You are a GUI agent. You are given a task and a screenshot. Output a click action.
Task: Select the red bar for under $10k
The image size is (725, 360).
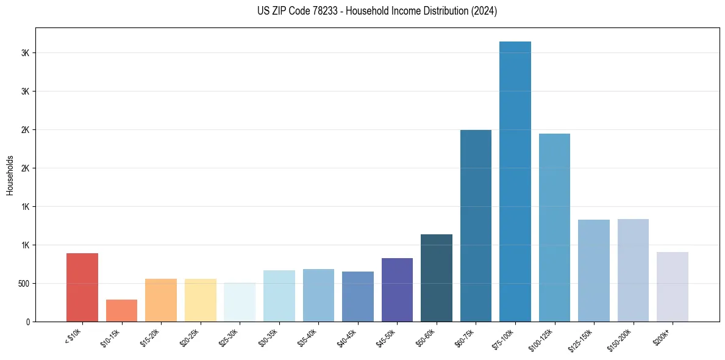tap(82, 287)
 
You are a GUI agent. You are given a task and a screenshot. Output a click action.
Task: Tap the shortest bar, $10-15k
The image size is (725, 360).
tap(121, 311)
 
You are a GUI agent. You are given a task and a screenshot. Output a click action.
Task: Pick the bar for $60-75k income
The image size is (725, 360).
tap(476, 226)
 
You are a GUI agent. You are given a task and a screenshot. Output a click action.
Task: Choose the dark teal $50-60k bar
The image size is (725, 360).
tap(437, 278)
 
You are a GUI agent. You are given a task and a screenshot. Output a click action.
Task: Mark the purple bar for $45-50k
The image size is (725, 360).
tap(397, 290)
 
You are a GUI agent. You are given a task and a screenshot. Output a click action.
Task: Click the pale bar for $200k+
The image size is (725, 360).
tap(672, 287)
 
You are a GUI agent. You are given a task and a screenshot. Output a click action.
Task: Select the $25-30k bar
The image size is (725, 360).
tap(240, 302)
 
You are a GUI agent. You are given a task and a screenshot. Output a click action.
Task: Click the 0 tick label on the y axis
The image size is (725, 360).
tap(29, 322)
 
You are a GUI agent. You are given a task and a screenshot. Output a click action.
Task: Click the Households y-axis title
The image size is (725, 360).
tap(10, 175)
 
